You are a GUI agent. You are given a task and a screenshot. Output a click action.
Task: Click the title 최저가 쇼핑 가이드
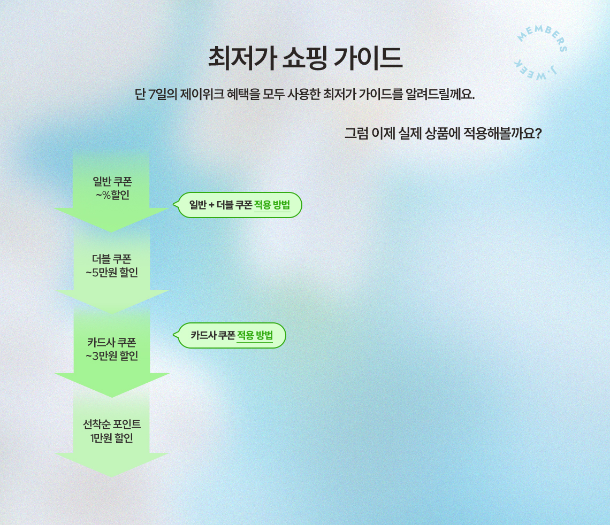(x=305, y=58)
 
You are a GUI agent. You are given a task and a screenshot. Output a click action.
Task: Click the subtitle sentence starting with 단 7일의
(x=304, y=94)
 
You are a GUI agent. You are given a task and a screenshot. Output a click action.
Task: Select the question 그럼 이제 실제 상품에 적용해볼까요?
(x=443, y=133)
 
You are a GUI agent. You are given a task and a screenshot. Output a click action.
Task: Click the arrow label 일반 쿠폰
(x=112, y=181)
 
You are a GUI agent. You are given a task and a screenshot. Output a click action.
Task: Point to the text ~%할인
(x=112, y=195)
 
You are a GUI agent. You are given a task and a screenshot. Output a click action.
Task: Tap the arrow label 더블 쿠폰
(x=112, y=259)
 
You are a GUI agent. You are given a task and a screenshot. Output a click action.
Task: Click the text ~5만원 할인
(x=112, y=273)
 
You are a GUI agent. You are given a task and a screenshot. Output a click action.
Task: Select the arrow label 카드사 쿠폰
(x=112, y=342)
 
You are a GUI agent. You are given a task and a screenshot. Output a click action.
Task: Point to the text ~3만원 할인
(x=112, y=356)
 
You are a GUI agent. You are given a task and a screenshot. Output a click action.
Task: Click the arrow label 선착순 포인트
(x=112, y=424)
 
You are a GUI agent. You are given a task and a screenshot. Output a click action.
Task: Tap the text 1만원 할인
(x=112, y=438)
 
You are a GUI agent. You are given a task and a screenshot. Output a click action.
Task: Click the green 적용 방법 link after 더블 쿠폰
(x=272, y=205)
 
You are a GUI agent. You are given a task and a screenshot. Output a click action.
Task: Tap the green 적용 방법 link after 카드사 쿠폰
(x=255, y=335)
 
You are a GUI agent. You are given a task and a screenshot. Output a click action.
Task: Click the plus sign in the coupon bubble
(x=212, y=205)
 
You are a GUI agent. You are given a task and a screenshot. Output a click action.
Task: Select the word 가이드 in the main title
(x=368, y=58)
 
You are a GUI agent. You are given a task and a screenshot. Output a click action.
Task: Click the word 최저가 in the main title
(x=242, y=58)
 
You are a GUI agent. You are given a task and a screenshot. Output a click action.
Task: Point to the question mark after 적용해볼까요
(x=538, y=133)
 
